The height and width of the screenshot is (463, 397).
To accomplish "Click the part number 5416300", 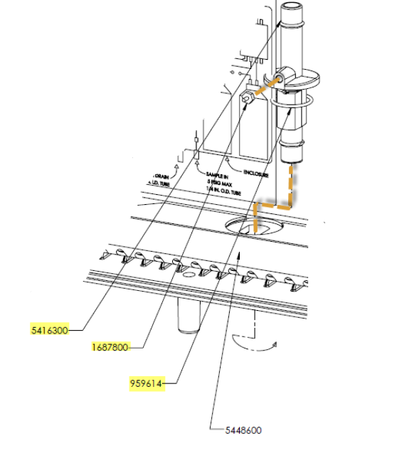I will tap(50, 330).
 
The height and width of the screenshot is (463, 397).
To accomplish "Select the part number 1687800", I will tap(110, 347).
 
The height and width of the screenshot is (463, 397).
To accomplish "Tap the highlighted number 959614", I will tap(147, 385).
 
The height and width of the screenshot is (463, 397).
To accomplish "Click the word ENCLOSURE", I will tap(256, 173).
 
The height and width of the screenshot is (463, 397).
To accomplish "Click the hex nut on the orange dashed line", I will tap(246, 96).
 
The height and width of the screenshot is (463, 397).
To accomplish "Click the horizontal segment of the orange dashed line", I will tap(273, 205).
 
